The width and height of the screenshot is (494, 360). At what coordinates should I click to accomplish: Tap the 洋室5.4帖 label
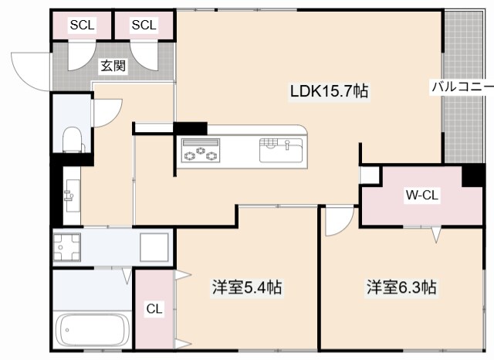click(x=247, y=288)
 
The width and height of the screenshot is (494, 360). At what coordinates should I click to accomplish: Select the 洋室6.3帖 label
click(x=401, y=288)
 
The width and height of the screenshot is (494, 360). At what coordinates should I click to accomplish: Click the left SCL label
click(x=82, y=25)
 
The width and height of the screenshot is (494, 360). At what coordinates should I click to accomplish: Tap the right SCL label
click(x=144, y=25)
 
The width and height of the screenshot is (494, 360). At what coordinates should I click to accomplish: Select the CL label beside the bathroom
click(x=154, y=309)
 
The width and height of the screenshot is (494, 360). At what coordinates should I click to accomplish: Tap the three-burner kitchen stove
click(x=201, y=150)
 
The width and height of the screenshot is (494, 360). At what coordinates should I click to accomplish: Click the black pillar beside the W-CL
click(x=472, y=175)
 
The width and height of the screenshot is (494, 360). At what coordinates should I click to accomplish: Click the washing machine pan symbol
click(x=69, y=247)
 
